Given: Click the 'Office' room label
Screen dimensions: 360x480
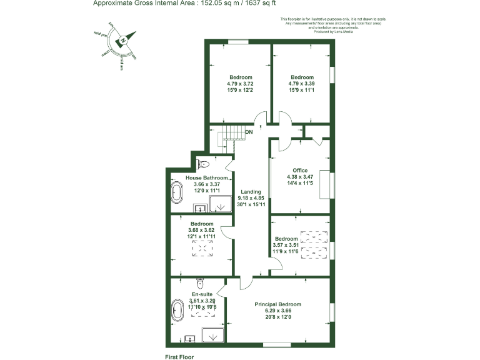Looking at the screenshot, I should (301, 170).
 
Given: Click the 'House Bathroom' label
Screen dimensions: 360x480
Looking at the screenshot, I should (207, 178).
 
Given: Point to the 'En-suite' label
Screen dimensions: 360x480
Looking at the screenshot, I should (202, 294).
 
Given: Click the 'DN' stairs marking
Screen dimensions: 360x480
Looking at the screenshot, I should (249, 132).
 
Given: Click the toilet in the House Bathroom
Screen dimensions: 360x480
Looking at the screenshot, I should (201, 164).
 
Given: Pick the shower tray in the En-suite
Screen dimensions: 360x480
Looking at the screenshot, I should (213, 334).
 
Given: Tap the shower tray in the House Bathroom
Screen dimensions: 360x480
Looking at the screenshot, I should (218, 204).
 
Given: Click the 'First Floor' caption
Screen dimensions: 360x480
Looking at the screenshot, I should (179, 357).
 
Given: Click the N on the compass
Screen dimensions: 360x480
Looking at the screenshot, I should (124, 40).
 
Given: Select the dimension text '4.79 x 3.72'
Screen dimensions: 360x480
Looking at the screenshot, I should (240, 84).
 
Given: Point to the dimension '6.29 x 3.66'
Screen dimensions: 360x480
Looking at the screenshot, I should (277, 311).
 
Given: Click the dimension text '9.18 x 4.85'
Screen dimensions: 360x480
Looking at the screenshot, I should (252, 199).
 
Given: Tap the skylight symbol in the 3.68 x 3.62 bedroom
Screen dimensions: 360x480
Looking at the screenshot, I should (202, 249).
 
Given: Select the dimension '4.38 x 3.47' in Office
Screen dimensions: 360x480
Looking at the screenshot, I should (301, 177).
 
